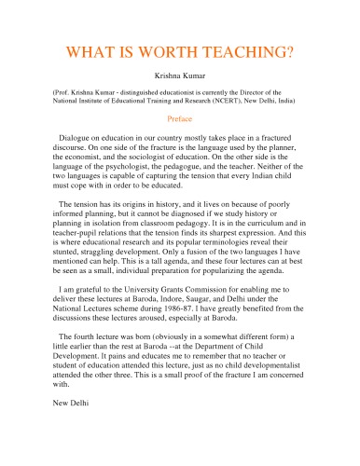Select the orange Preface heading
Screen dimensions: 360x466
point(179,119)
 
